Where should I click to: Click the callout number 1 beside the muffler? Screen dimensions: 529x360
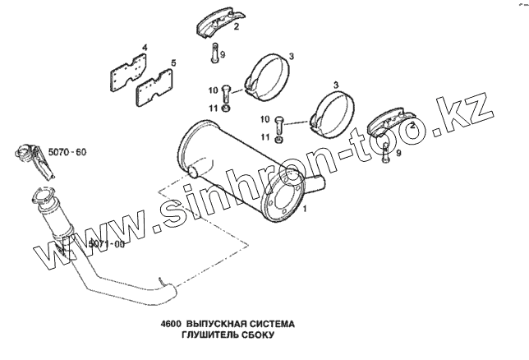click(x=306, y=210)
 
